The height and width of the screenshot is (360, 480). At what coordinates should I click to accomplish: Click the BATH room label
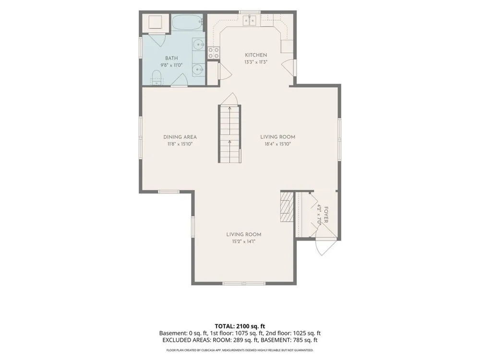(x=171, y=58)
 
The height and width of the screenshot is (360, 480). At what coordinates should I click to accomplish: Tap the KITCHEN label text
(x=256, y=55)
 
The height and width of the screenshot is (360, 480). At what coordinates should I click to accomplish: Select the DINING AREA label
(x=180, y=137)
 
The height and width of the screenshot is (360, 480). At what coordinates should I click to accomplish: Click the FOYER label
(x=326, y=215)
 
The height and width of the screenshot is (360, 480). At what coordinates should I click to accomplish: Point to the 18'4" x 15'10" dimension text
(x=277, y=144)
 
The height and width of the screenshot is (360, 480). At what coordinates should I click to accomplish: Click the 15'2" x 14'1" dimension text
(x=244, y=241)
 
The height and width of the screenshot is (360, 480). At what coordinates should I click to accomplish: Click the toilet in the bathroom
(x=157, y=77)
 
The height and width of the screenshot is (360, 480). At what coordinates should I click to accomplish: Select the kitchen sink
(x=250, y=21)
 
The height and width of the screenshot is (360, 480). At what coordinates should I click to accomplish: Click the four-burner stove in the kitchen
(x=214, y=53)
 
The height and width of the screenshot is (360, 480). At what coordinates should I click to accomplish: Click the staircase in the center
(x=229, y=134)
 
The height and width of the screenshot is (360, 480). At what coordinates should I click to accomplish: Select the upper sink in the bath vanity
(x=199, y=45)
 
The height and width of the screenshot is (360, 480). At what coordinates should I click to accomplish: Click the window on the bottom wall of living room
(x=244, y=284)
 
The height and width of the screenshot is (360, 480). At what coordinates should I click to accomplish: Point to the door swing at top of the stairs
(x=230, y=99)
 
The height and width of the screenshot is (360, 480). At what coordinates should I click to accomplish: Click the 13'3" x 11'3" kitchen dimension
(x=256, y=62)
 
